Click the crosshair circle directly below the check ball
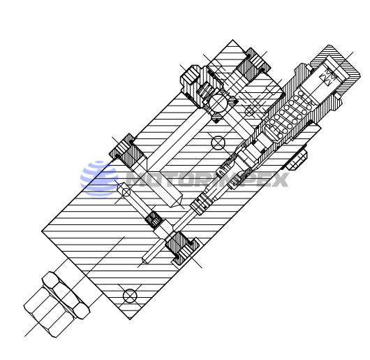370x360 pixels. click(x=218, y=143)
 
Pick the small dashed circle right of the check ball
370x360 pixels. click(x=249, y=110)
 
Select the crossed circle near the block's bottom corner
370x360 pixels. click(x=129, y=294)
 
